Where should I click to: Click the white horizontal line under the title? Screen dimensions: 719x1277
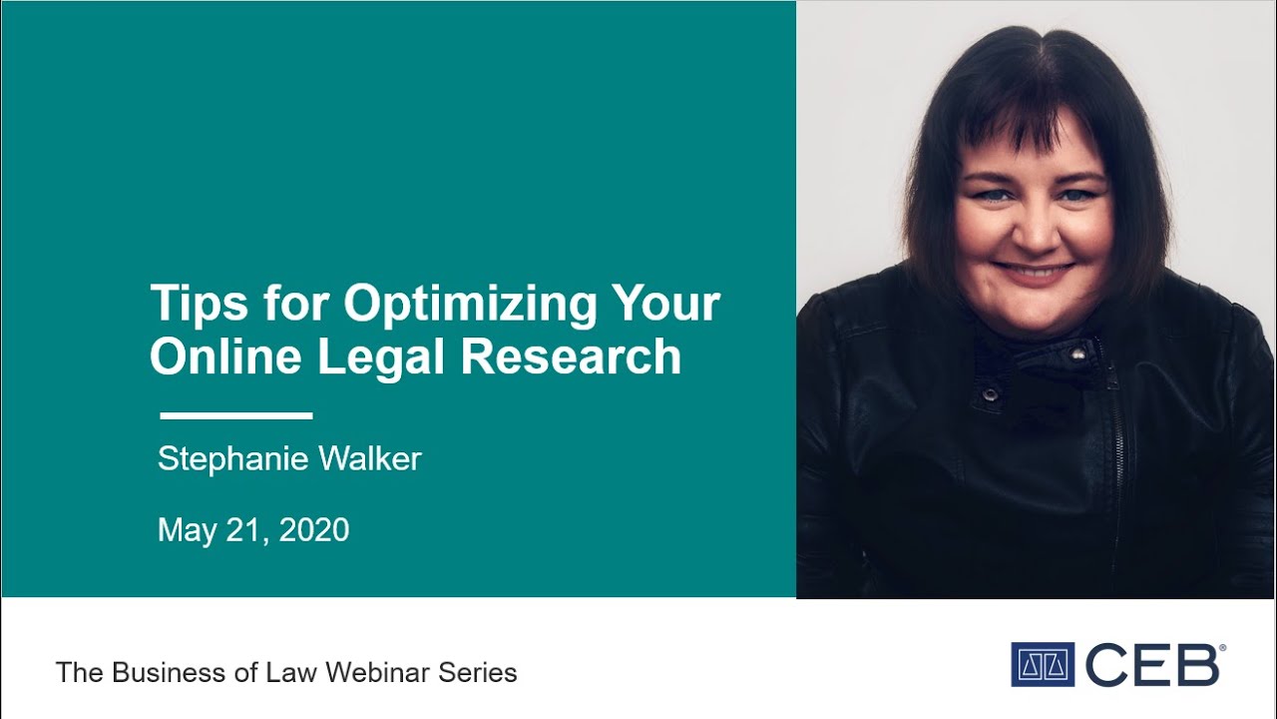(236, 415)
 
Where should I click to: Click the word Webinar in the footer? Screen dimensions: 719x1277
(380, 672)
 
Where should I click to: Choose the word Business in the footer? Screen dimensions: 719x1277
(164, 672)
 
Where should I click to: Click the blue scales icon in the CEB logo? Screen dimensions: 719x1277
(1042, 664)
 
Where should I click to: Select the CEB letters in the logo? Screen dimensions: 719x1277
(1151, 664)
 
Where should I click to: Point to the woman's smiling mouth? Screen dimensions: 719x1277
(1035, 270)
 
